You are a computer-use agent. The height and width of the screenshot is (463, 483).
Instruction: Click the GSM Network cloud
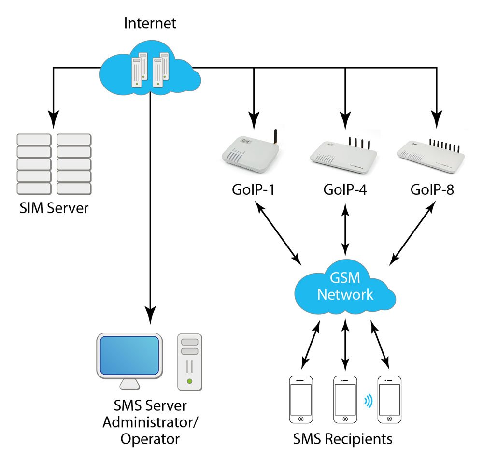coord(345,288)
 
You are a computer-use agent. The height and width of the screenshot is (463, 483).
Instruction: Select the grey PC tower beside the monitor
coord(190,361)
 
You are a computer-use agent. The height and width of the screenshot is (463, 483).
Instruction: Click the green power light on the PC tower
coord(190,382)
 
